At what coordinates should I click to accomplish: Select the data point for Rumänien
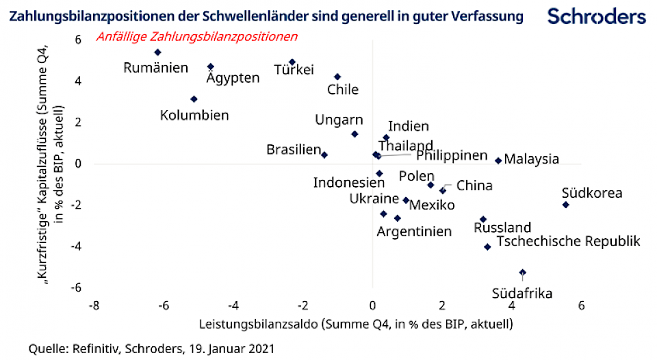pos(157,52)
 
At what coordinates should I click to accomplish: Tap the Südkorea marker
pos(565,205)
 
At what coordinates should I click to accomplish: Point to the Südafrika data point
pos(523,272)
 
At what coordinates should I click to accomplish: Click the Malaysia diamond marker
pos(498,161)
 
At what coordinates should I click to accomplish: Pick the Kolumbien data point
pos(194,99)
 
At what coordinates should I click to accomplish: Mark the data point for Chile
pos(337,77)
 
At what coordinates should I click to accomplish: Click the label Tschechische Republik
pos(568,241)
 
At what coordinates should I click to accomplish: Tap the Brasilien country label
pos(293,149)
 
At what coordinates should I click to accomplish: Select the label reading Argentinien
pos(414,231)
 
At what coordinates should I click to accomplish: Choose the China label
pos(474,185)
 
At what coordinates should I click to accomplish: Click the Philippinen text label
pos(452,155)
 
